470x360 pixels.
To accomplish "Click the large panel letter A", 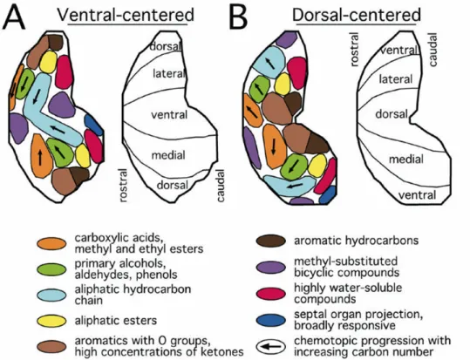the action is pyautogui.click(x=13, y=17).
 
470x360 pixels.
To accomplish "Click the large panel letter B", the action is pyautogui.click(x=238, y=17).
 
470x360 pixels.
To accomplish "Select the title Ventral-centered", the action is pyautogui.click(x=126, y=15).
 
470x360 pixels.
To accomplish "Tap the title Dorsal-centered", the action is pyautogui.click(x=357, y=15).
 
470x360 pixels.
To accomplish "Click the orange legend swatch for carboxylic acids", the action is pyautogui.click(x=51, y=243).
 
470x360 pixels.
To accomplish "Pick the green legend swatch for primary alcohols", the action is pyautogui.click(x=51, y=269).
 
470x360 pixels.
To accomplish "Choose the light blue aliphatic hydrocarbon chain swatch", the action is pyautogui.click(x=51, y=295).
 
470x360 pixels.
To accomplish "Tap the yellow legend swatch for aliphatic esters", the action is pyautogui.click(x=51, y=321).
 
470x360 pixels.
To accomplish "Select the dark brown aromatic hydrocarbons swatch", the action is pyautogui.click(x=271, y=241).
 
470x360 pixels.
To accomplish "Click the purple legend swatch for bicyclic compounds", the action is pyautogui.click(x=271, y=267).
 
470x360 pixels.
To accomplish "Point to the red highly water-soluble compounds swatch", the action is pyautogui.click(x=271, y=294).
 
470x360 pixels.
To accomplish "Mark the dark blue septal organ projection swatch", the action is pyautogui.click(x=271, y=320).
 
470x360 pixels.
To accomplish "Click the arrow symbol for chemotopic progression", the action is pyautogui.click(x=271, y=347).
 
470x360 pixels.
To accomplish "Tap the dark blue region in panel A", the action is pyautogui.click(x=94, y=125).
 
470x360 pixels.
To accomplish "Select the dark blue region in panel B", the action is pyautogui.click(x=328, y=195).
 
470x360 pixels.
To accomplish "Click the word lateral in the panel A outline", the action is pyautogui.click(x=169, y=74).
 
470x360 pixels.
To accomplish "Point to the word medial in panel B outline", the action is pyautogui.click(x=406, y=160).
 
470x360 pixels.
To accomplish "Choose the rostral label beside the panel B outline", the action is pyautogui.click(x=354, y=49).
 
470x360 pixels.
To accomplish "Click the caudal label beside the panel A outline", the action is pyautogui.click(x=221, y=186).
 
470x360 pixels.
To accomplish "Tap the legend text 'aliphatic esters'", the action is pyautogui.click(x=116, y=321).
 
